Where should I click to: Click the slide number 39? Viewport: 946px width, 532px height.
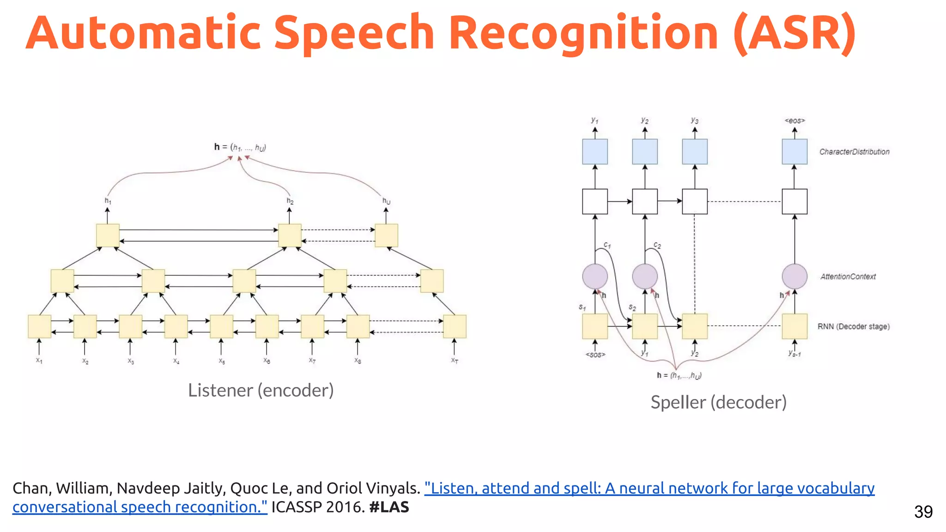tap(923, 512)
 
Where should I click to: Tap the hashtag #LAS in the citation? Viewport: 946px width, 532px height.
tap(389, 507)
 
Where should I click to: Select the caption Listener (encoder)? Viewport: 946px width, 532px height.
tap(261, 391)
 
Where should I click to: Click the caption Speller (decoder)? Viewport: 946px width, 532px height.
tap(718, 402)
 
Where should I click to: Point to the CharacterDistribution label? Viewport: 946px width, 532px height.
tap(854, 152)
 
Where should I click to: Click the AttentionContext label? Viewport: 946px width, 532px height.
tap(848, 277)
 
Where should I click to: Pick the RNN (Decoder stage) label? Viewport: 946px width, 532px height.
tap(853, 326)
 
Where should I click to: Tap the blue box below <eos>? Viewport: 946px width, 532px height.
tap(794, 151)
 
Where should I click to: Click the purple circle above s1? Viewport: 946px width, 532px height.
tap(594, 276)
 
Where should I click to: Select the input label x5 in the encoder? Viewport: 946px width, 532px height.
tap(222, 361)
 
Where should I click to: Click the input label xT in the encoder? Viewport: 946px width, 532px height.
tap(455, 360)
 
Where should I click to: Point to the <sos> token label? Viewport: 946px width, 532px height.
tap(595, 355)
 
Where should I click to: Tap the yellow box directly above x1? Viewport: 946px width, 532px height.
tap(39, 326)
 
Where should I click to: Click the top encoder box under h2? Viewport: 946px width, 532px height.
tap(290, 236)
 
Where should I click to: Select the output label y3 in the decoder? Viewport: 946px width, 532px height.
tap(694, 120)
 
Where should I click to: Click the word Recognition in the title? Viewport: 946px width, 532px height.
tap(583, 33)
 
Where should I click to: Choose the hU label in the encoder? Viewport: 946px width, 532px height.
tap(386, 201)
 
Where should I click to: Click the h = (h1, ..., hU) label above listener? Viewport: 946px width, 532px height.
tap(240, 147)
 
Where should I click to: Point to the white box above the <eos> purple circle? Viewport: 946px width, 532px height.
tap(794, 201)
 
